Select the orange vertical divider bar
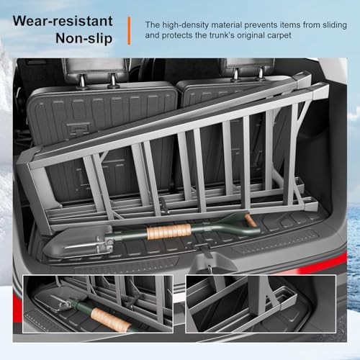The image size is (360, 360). (x=130, y=30)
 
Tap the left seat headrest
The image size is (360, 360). (x=84, y=69)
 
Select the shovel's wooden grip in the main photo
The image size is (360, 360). (x=169, y=231)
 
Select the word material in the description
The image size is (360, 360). (x=227, y=24)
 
